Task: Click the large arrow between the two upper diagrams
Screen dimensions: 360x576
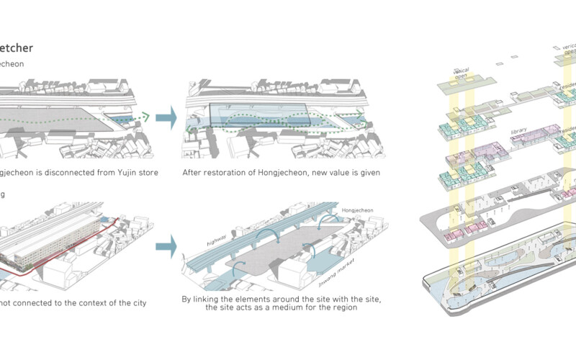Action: [166, 117]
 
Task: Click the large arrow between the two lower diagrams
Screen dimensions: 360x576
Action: [166, 247]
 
